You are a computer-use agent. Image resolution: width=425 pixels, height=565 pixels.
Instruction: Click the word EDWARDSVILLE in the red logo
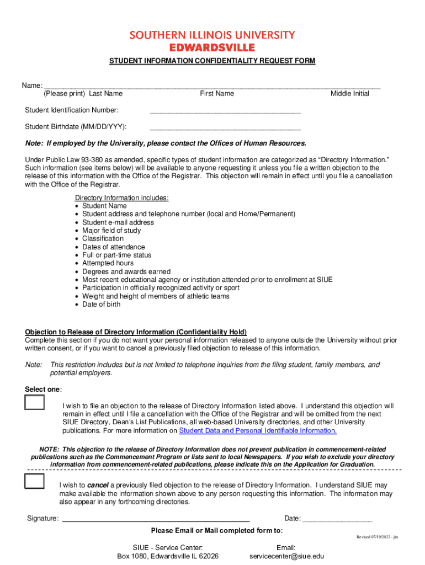pyautogui.click(x=212, y=47)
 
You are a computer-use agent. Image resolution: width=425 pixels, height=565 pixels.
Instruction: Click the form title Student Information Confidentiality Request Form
pyautogui.click(x=212, y=61)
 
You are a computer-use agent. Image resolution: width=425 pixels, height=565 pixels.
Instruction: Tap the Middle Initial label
pyautogui.click(x=349, y=94)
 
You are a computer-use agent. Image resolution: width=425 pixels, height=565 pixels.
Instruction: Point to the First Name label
pyautogui.click(x=217, y=94)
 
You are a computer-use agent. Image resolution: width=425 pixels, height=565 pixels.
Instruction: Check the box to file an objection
pyautogui.click(x=35, y=403)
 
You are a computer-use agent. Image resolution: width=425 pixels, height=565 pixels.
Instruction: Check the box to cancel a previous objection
pyautogui.click(x=35, y=482)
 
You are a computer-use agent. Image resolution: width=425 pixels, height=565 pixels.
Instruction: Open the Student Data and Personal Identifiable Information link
pyautogui.click(x=258, y=431)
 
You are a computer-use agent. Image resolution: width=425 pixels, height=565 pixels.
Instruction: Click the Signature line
pyautogui.click(x=156, y=519)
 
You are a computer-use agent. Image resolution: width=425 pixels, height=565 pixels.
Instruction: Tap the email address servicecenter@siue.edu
pyautogui.click(x=286, y=556)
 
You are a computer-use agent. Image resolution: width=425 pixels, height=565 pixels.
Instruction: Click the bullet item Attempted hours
pyautogui.click(x=108, y=264)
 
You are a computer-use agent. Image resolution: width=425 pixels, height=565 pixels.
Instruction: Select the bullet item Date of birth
pyautogui.click(x=102, y=305)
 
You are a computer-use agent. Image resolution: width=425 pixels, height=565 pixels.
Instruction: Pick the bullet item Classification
pyautogui.click(x=103, y=239)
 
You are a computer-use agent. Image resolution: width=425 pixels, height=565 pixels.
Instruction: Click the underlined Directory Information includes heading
pyautogui.click(x=121, y=198)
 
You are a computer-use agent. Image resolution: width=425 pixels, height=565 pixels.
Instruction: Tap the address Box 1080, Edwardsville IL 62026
pyautogui.click(x=168, y=556)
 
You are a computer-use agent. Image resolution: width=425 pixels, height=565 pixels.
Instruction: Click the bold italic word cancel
pyautogui.click(x=98, y=486)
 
